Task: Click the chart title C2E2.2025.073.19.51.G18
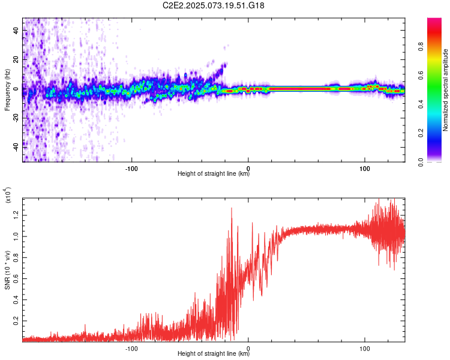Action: (x=214, y=5)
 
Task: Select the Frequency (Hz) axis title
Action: (x=7, y=90)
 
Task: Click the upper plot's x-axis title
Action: (x=214, y=175)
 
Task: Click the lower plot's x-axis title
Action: (x=214, y=354)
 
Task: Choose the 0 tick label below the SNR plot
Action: (x=248, y=348)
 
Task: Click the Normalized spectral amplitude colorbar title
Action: (x=446, y=90)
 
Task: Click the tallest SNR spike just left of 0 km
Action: (x=232, y=209)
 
